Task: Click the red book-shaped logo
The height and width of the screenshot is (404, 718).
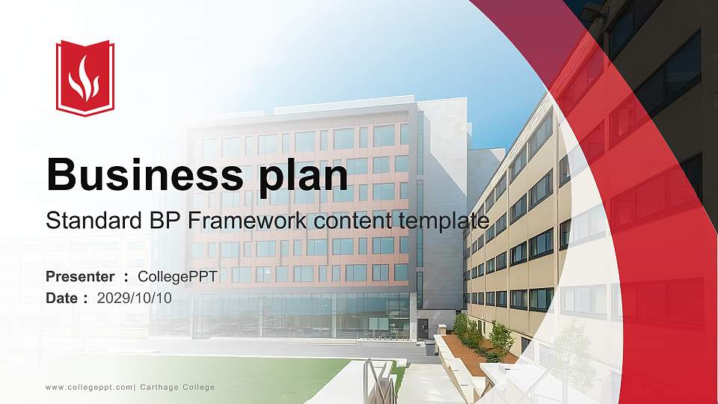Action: click(85, 78)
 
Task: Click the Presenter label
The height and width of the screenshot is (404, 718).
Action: click(80, 277)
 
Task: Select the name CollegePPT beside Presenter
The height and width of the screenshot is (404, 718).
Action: click(177, 277)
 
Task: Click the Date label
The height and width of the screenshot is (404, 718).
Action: click(61, 298)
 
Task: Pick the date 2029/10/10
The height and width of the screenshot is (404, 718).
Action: click(134, 298)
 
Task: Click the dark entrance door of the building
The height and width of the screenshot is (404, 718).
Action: click(423, 328)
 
